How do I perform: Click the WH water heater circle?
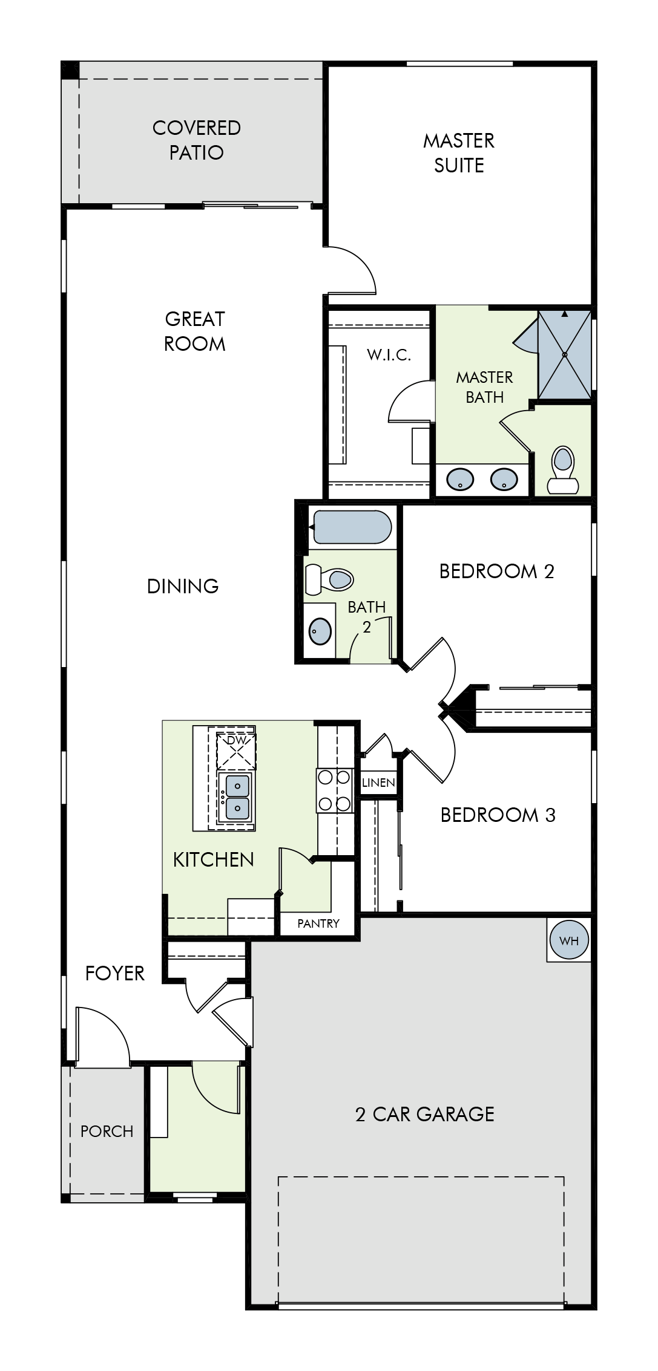tap(569, 940)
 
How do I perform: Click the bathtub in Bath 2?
tap(352, 527)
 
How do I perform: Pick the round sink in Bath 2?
tap(320, 631)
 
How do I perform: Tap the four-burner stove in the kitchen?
tap(334, 790)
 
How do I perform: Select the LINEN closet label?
tap(379, 783)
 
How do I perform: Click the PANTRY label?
tap(318, 923)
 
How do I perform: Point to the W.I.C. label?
tap(389, 355)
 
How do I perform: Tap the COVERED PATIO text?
tap(197, 140)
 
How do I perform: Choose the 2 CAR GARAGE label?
tap(425, 1114)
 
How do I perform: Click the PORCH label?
tap(107, 1132)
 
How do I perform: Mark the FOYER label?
tap(115, 973)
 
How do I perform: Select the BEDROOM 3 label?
tap(498, 815)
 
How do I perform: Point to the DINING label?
tap(183, 586)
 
